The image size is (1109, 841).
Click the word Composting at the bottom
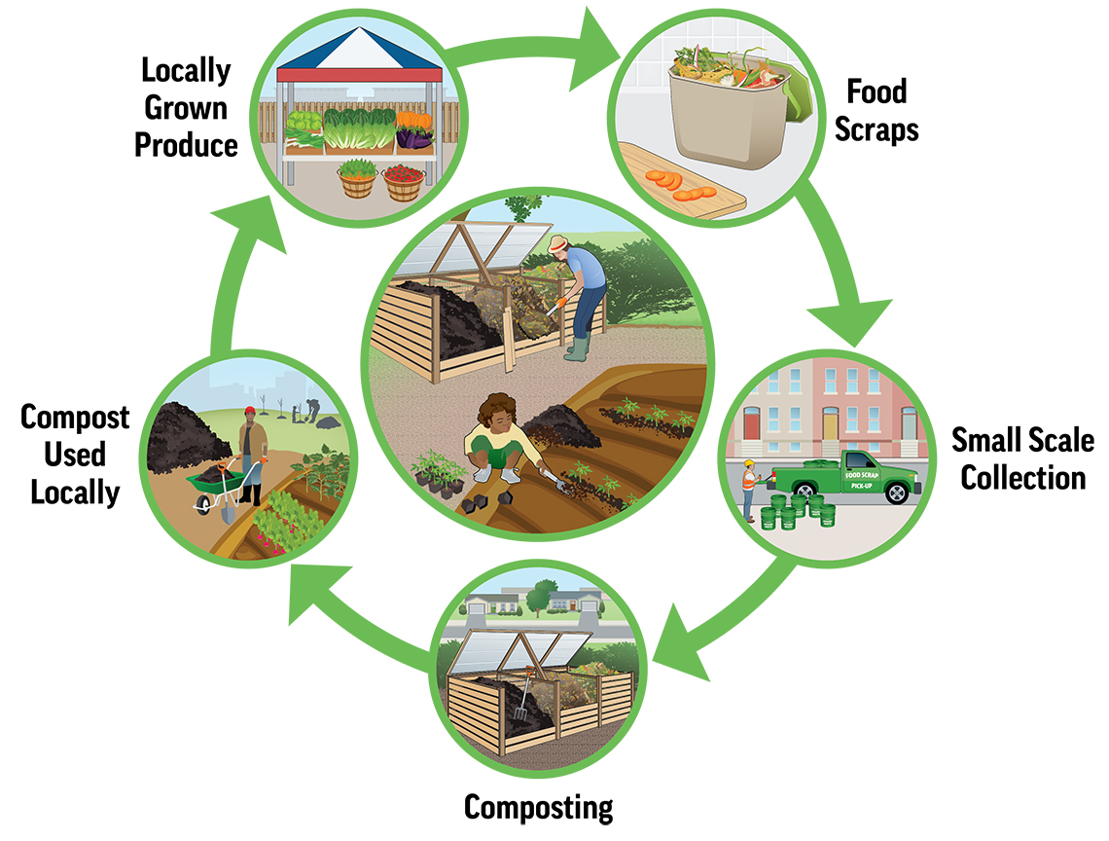tap(538, 807)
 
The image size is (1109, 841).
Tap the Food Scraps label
tap(876, 110)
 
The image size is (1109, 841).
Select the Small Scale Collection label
tap(1021, 457)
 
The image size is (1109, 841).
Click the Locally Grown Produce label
tap(186, 108)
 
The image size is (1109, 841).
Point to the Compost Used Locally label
tap(75, 454)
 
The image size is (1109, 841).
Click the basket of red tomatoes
tap(403, 180)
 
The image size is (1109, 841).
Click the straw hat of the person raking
tap(558, 243)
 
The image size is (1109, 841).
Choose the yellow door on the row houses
tap(830, 423)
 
